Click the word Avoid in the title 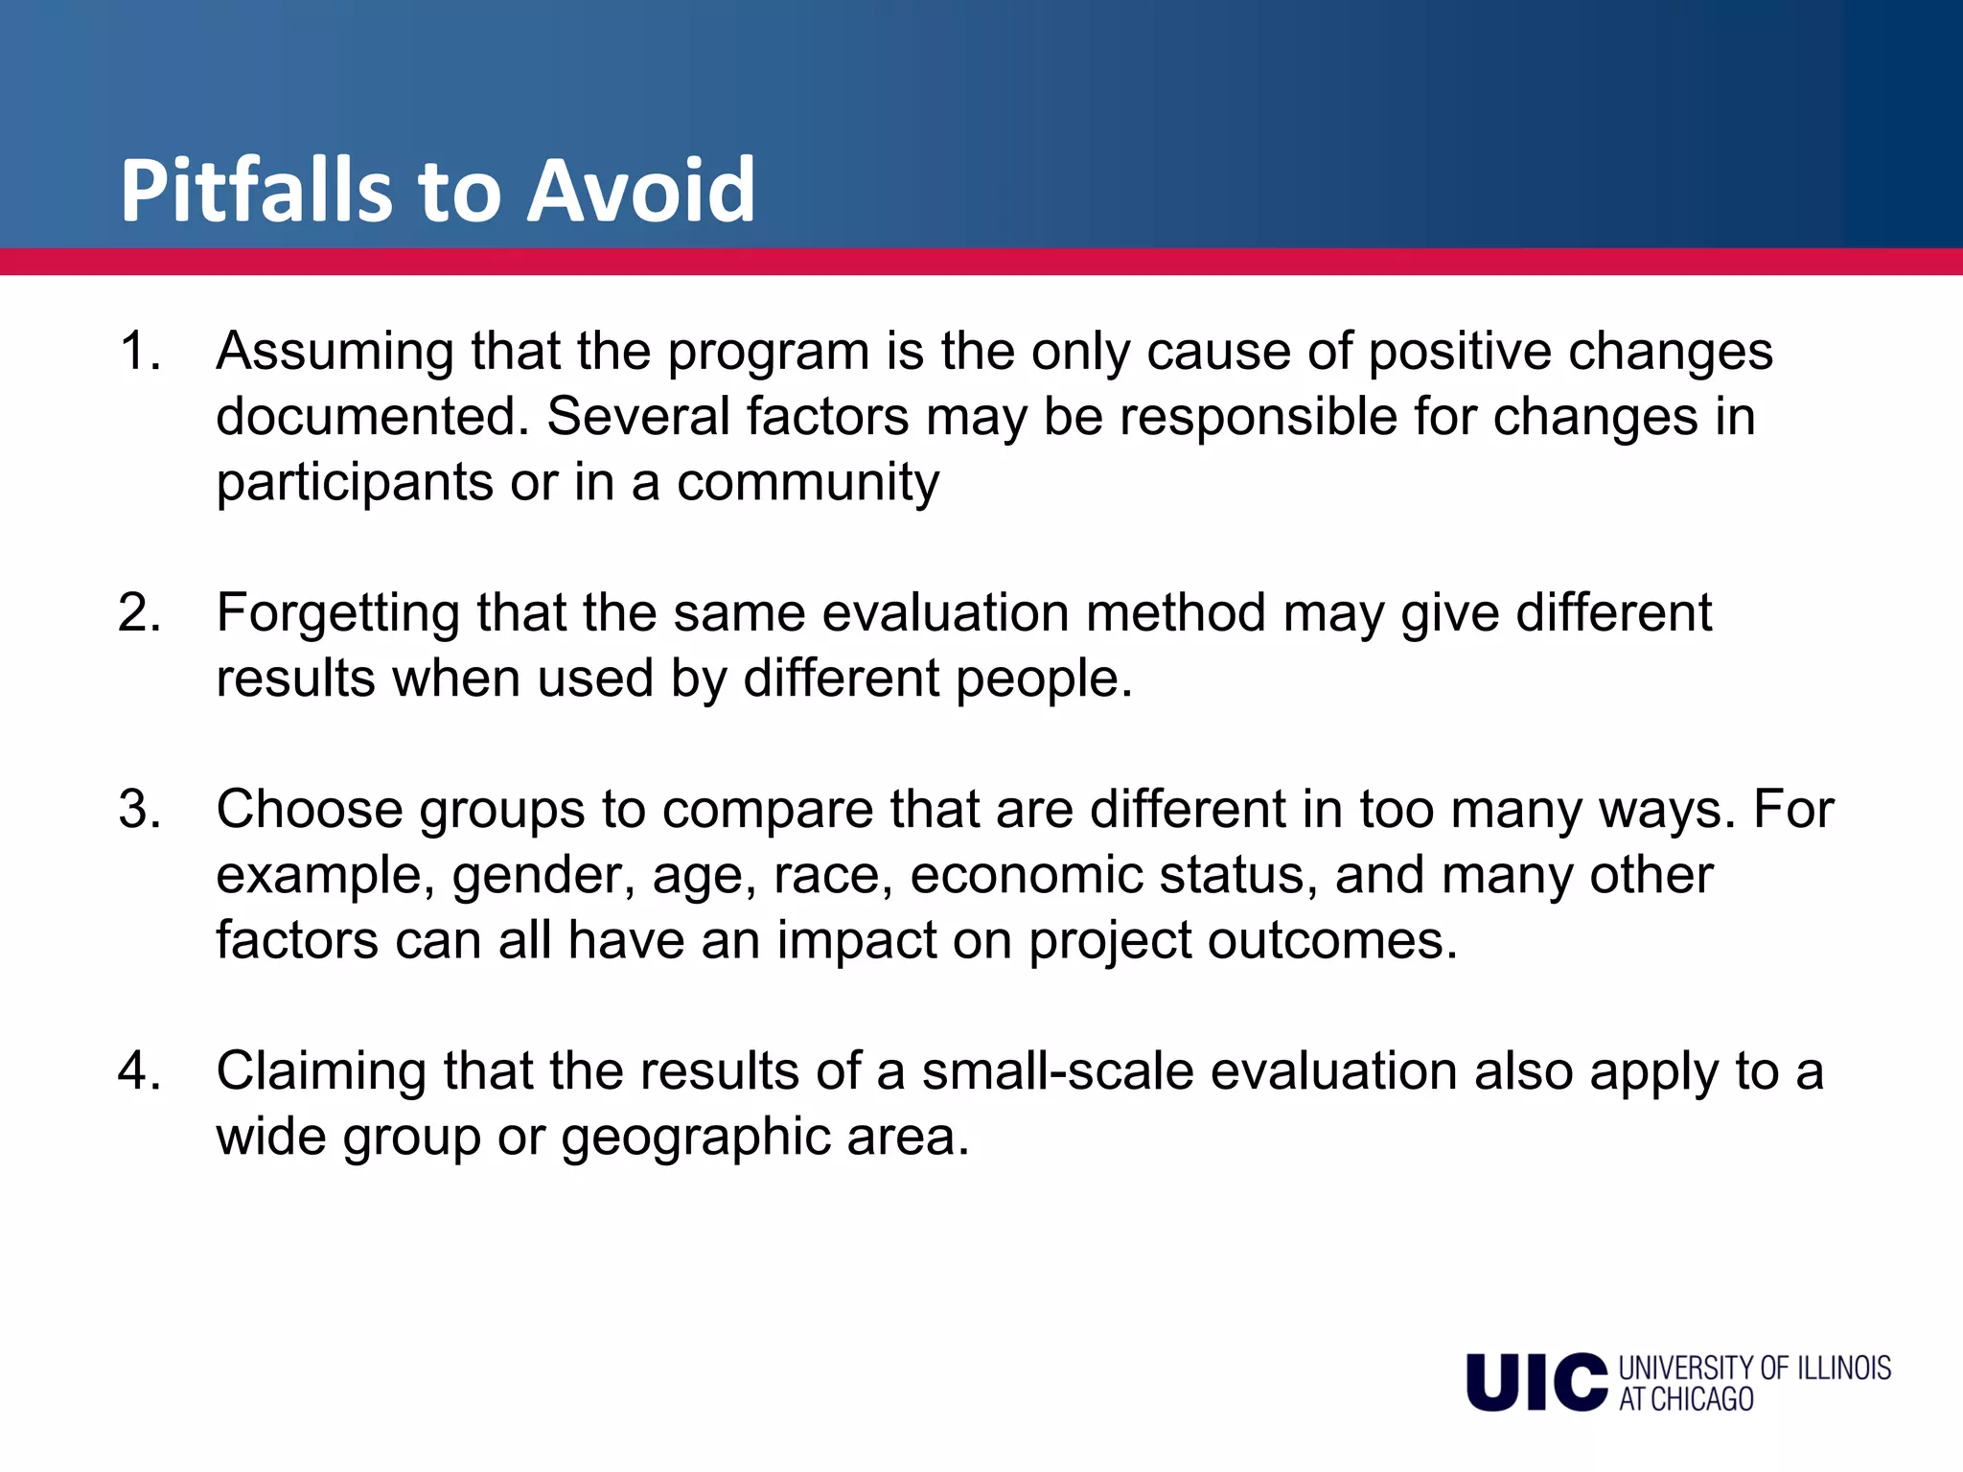tap(641, 191)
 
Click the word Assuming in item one tap(335, 353)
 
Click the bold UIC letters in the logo tap(1536, 1383)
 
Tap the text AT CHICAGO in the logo tap(1686, 1400)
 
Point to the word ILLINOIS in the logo tap(1843, 1368)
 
